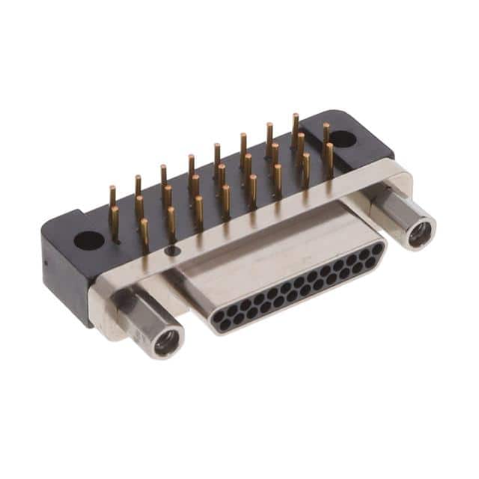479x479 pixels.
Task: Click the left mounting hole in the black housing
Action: [89, 240]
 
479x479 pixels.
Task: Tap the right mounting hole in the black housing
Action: [342, 138]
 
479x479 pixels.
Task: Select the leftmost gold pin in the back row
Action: [112, 196]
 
